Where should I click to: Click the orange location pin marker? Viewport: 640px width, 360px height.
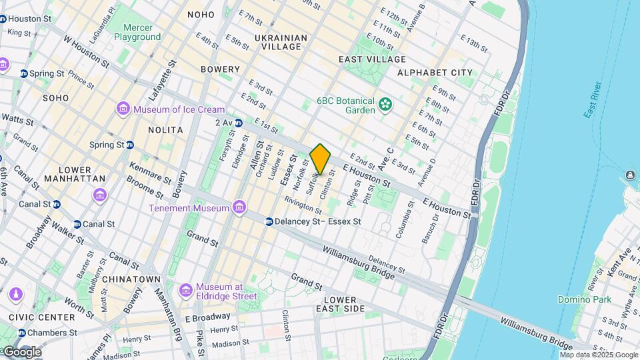pos(321,159)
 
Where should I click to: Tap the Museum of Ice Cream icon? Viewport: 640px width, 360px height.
pos(123,109)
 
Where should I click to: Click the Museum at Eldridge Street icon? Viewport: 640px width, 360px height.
pos(186,290)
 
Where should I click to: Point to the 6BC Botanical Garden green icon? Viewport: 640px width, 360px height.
pos(385,104)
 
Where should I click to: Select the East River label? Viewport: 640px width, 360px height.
pos(593,101)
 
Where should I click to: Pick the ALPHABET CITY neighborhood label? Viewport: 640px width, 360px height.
pos(434,73)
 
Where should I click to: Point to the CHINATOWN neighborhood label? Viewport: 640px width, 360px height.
pos(131,279)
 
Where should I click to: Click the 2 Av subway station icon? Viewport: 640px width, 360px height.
pos(238,122)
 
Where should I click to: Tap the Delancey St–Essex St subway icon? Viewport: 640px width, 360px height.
pos(269,221)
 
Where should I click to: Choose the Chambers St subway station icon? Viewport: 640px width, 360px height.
pos(22,333)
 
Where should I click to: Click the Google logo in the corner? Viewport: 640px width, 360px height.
pos(21,352)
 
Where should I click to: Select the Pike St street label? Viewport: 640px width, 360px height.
pos(199,340)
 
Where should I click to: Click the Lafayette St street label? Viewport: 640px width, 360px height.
pos(171,75)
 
